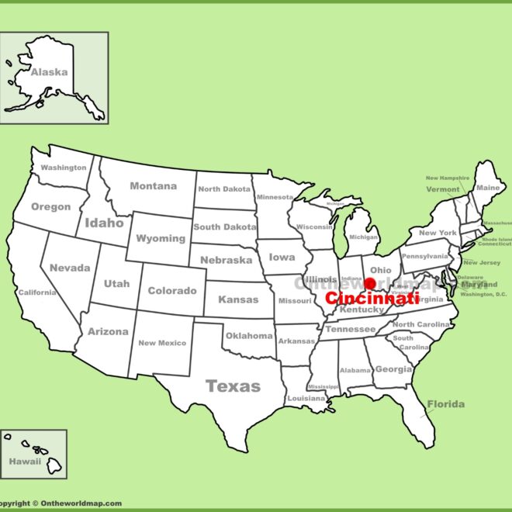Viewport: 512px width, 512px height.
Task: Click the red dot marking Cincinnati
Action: [369, 283]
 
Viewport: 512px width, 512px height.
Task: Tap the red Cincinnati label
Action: [372, 298]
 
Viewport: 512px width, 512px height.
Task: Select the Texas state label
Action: [233, 386]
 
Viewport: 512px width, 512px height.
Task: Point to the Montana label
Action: [153, 186]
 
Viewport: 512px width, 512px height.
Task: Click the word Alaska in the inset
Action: [49, 72]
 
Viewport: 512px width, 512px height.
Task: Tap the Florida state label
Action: [445, 404]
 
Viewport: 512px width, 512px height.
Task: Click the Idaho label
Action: [104, 223]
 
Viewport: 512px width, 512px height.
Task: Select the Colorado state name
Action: [171, 291]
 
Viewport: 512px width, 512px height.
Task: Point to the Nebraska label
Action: [226, 260]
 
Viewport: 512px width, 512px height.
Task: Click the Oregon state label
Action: [50, 207]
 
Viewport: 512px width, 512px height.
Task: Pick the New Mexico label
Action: [162, 343]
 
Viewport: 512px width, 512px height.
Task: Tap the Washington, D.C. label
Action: [483, 295]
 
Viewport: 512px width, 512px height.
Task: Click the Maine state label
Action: [488, 188]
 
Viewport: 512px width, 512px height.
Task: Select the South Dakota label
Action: [225, 227]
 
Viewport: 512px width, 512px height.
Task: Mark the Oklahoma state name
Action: [248, 336]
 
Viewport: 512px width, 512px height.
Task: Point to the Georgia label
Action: [393, 369]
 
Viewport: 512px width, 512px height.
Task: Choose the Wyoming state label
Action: [161, 238]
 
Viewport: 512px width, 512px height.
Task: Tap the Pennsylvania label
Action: [425, 256]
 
